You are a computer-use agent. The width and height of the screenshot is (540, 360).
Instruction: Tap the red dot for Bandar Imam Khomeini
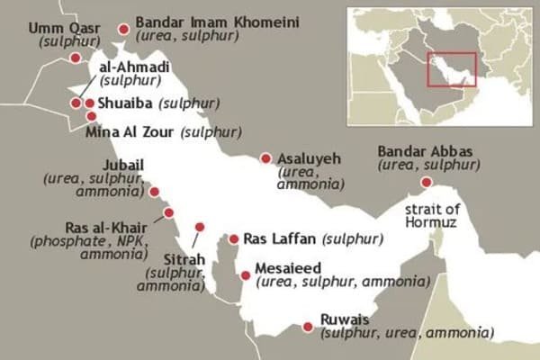tap(123, 29)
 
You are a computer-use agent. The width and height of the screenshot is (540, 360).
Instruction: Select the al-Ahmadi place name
tap(135, 67)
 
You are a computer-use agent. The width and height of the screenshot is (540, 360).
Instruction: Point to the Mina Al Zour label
tap(130, 132)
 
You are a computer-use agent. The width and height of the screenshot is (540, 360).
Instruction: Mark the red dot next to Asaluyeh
tap(265, 158)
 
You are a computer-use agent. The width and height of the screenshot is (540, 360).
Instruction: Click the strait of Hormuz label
tap(428, 217)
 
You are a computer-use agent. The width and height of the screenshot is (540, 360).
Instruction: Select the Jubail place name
tap(122, 164)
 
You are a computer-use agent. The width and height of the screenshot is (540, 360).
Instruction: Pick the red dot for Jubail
tap(154, 192)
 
